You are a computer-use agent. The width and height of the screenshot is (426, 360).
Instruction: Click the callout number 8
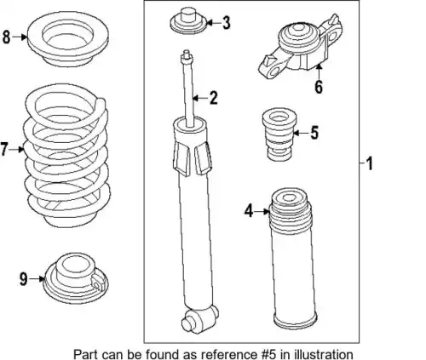[x=6, y=37]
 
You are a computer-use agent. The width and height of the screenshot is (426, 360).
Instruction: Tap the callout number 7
[x=3, y=149]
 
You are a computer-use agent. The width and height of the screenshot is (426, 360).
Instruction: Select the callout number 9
[x=24, y=279]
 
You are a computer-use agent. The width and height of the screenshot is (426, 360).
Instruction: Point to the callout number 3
[x=226, y=23]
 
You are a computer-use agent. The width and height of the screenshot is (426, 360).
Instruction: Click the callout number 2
[x=214, y=98]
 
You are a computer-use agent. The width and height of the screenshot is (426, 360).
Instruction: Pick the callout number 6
[x=319, y=87]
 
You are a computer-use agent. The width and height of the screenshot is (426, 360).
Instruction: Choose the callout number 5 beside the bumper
[x=314, y=133]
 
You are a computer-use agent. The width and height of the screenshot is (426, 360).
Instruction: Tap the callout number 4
[x=249, y=211]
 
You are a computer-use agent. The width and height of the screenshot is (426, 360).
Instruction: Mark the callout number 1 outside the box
[x=369, y=163]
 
